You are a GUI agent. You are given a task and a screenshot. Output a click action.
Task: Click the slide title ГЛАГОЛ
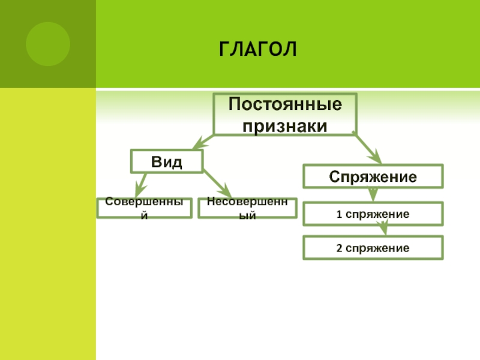pyautogui.click(x=258, y=49)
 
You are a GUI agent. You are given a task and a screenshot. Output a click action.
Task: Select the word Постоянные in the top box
pyautogui.click(x=286, y=104)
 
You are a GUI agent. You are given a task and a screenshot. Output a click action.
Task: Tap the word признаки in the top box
pyautogui.click(x=286, y=126)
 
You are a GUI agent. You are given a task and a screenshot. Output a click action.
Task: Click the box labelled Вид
pyautogui.click(x=167, y=161)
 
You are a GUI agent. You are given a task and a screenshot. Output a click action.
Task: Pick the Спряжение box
pyautogui.click(x=373, y=177)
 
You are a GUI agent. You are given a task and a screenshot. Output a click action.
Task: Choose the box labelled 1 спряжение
pyautogui.click(x=373, y=214)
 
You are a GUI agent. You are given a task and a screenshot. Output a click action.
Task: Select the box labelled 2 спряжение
pyautogui.click(x=373, y=248)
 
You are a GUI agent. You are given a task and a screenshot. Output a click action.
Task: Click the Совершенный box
pyautogui.click(x=144, y=208)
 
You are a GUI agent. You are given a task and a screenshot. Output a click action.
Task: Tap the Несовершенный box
pyautogui.click(x=247, y=208)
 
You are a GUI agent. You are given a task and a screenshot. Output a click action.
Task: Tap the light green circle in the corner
pyautogui.click(x=48, y=44)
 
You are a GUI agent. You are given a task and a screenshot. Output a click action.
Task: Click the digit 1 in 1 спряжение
pyautogui.click(x=338, y=214)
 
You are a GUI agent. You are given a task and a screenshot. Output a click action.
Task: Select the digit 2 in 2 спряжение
pyautogui.click(x=338, y=248)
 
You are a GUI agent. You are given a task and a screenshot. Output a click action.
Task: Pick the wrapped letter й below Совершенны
pyautogui.click(x=144, y=215)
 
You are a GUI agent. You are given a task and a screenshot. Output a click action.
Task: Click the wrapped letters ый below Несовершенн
pyautogui.click(x=247, y=215)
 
